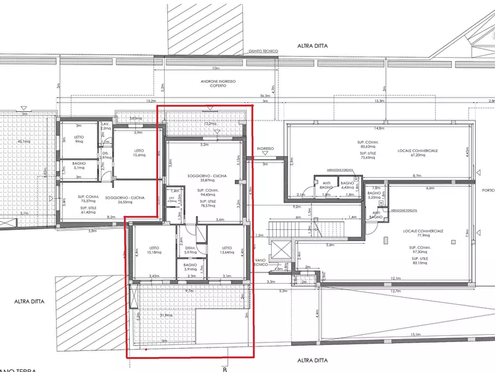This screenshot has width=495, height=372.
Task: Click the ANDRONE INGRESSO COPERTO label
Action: pyautogui.click(x=218, y=83)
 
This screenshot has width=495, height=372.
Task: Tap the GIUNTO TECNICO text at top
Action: pyautogui.click(x=264, y=51)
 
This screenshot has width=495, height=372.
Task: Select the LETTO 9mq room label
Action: pyautogui.click(x=79, y=139)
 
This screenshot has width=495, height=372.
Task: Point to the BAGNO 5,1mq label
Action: pyautogui.click(x=79, y=166)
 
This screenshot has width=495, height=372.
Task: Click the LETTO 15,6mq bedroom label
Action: pyautogui.click(x=139, y=153)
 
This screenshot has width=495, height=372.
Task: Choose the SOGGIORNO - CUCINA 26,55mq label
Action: pyautogui.click(x=125, y=200)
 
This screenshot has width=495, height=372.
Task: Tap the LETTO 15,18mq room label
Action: pyautogui.click(x=154, y=250)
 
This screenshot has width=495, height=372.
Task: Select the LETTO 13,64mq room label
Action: pyautogui.click(x=227, y=250)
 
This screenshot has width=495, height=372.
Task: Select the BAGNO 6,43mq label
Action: pyautogui.click(x=348, y=185)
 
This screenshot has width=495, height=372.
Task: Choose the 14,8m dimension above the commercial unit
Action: pyautogui.click(x=379, y=128)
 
